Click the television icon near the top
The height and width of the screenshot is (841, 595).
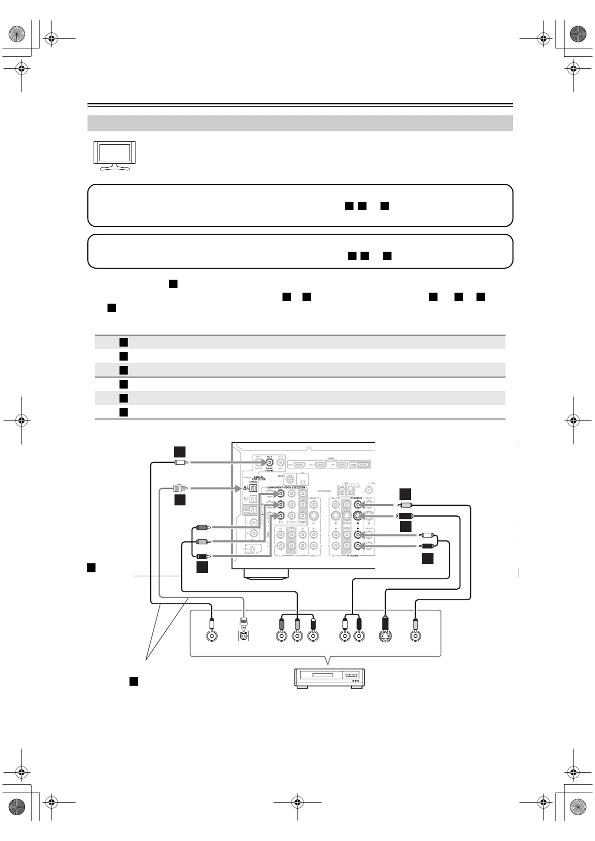(115, 155)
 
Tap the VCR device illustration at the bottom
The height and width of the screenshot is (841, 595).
(329, 678)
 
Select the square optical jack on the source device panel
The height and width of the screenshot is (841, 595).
(244, 636)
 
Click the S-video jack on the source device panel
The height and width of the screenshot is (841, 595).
(384, 636)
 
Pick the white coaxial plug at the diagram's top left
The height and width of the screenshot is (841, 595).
(180, 463)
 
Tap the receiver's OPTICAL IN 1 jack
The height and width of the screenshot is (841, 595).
(253, 488)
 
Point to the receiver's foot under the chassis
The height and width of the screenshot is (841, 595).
(265, 574)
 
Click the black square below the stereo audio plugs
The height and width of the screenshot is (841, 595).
(427, 558)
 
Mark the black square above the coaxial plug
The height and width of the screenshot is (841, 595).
(180, 451)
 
